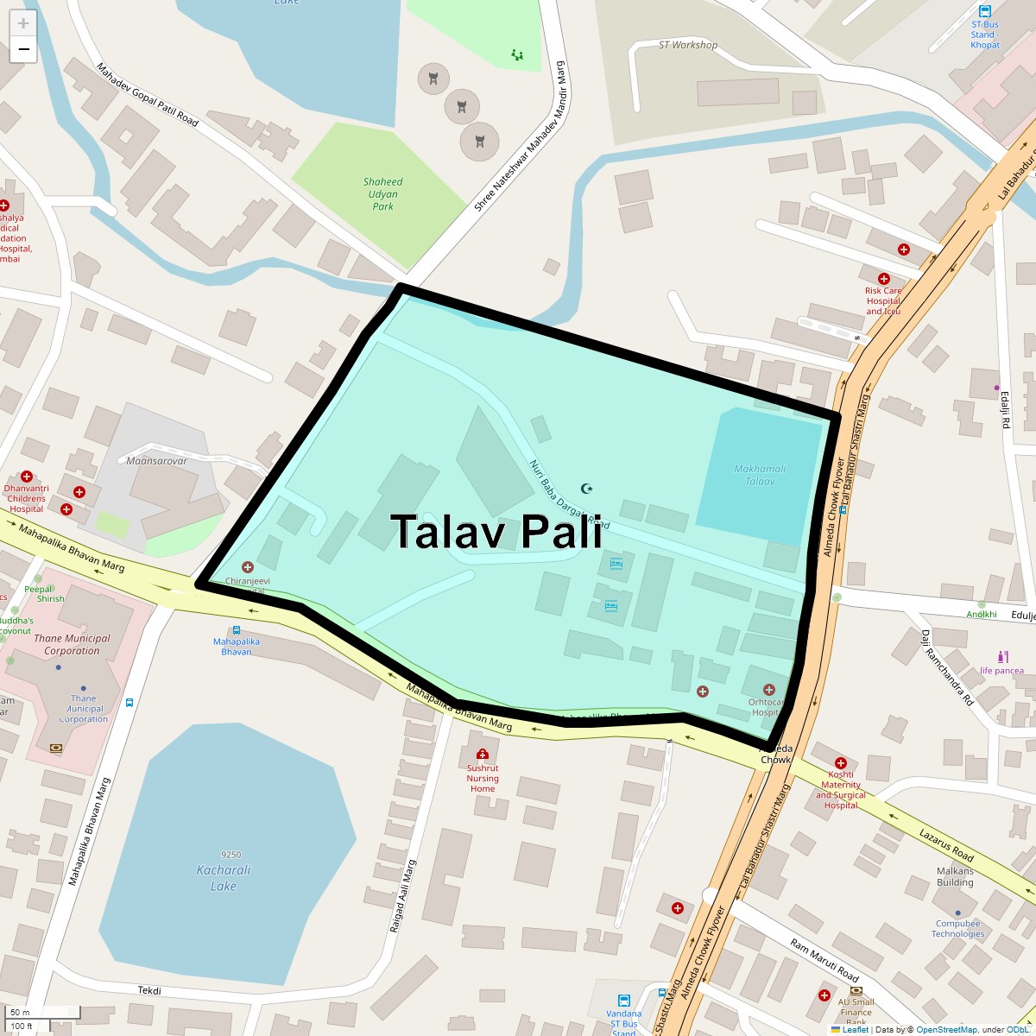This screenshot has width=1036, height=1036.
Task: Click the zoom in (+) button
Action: click(23, 24)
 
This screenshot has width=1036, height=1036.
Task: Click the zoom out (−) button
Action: click(23, 49)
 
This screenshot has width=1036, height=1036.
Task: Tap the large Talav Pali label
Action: click(496, 531)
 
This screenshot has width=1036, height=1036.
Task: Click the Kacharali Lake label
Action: click(224, 878)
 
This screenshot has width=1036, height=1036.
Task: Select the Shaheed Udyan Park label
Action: click(382, 194)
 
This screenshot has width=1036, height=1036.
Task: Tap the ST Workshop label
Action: click(688, 45)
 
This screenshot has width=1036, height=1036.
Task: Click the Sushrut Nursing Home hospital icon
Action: click(483, 754)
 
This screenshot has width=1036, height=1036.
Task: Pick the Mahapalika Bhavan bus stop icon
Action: click(236, 631)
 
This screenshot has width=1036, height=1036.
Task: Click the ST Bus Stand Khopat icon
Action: click(985, 11)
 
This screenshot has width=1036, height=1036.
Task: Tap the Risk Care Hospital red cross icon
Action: click(883, 279)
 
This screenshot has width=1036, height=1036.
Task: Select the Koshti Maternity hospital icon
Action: click(840, 763)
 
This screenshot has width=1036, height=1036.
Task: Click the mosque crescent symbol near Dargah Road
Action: click(587, 489)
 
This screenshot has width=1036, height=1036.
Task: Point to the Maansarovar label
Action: click(156, 461)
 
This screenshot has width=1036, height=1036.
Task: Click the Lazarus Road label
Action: click(946, 845)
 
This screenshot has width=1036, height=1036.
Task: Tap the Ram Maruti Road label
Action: click(824, 960)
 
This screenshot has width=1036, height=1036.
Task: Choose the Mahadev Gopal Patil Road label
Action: click(147, 94)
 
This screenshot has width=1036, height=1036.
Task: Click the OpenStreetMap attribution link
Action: click(947, 1029)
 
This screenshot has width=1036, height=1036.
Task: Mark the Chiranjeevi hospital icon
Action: click(248, 567)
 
